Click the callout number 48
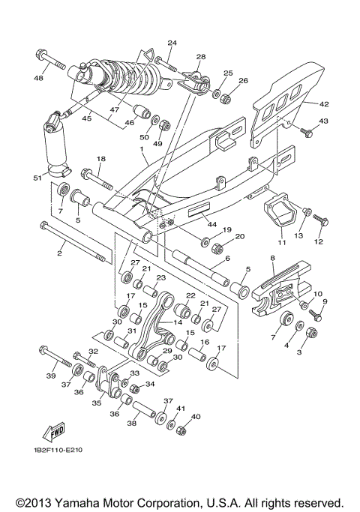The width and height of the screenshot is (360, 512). (39, 77)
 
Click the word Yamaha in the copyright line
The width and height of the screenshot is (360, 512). (84, 502)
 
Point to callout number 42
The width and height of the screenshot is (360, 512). (324, 104)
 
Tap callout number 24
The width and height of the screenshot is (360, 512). (172, 43)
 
